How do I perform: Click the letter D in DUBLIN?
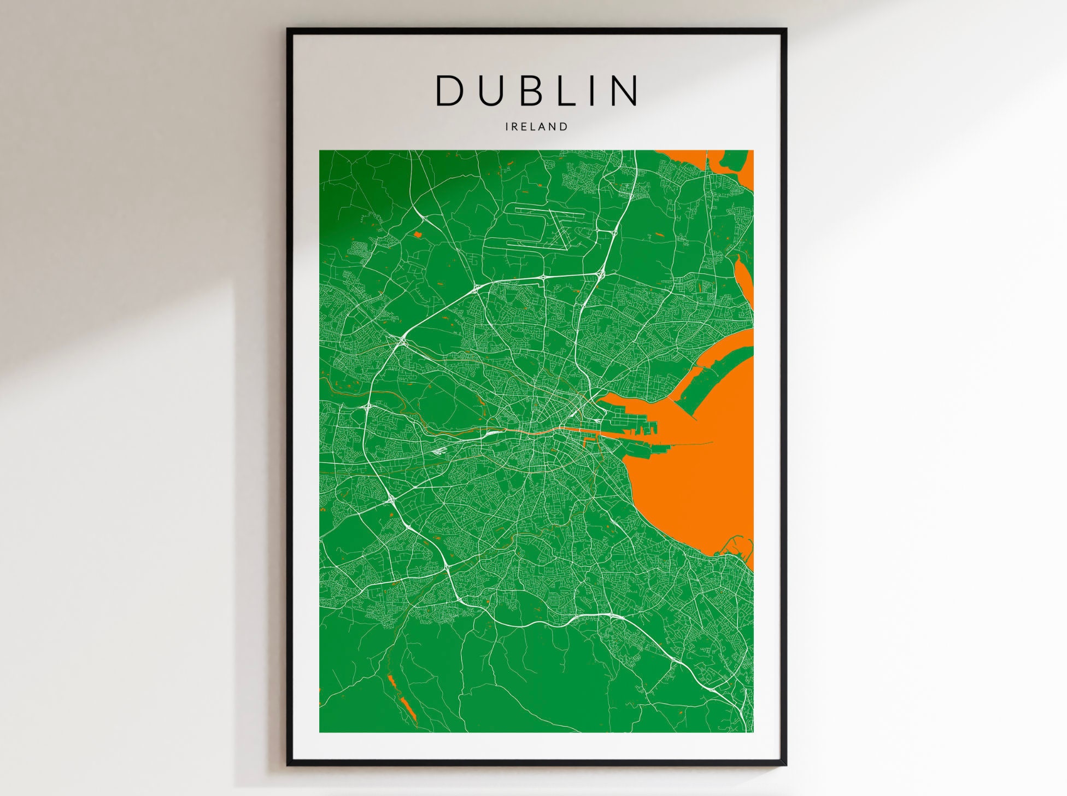(x=449, y=91)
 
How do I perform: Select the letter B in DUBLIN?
(x=532, y=91)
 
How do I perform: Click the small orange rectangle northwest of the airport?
(x=418, y=235)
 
